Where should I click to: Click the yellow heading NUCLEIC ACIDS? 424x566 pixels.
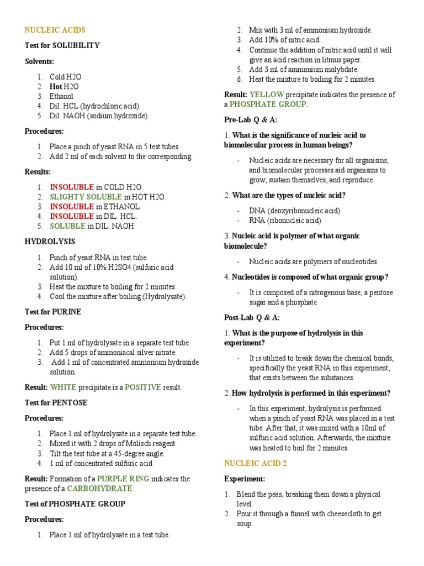point(55,30)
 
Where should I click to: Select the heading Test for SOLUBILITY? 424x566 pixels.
point(62,45)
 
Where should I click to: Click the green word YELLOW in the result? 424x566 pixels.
point(267,95)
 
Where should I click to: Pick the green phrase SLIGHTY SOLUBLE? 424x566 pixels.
point(86,197)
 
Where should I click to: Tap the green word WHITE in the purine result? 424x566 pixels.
point(63,387)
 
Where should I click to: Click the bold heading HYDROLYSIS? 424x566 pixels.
point(50,242)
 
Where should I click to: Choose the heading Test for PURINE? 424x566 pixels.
point(53,312)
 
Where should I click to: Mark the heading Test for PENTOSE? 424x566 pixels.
point(56,402)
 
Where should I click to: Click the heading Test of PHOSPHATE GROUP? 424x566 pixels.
point(75,504)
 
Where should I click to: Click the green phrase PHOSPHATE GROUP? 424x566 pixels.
point(269,104)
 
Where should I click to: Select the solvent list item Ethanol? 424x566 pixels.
point(61,96)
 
